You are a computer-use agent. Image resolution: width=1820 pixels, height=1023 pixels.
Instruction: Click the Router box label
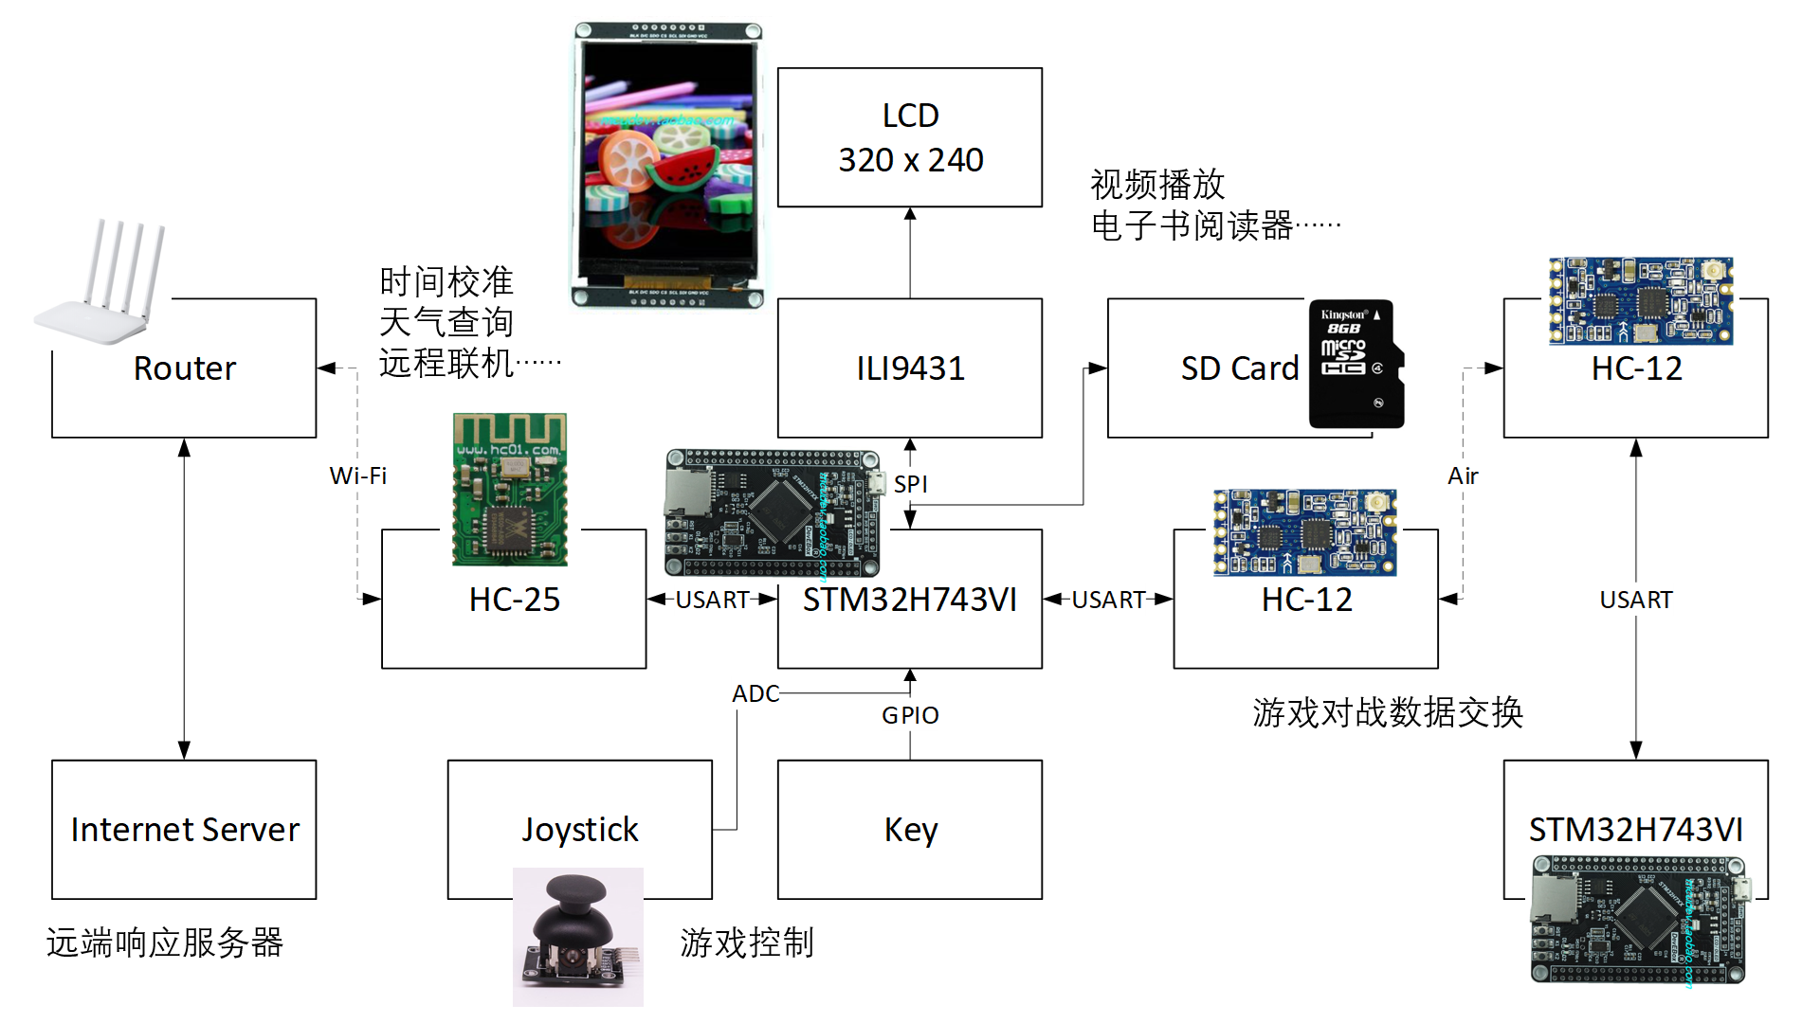[185, 368]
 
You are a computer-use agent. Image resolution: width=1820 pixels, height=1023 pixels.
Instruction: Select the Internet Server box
[184, 829]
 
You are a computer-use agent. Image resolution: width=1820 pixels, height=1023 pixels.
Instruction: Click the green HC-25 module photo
[510, 490]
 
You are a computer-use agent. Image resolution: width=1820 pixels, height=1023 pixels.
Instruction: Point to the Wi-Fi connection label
[357, 476]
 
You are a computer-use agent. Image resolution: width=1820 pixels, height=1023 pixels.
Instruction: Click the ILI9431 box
[910, 368]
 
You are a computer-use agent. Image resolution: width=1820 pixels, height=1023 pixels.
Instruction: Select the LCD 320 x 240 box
[910, 137]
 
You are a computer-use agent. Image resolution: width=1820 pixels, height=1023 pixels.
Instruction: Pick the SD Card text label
[1239, 368]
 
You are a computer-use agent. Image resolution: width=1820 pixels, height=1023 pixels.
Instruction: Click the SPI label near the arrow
[910, 484]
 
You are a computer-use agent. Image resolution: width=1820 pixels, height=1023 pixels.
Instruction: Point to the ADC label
[755, 694]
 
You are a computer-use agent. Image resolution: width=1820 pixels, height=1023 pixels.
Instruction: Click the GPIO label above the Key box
[910, 716]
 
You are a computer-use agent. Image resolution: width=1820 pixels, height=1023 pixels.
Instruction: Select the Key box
[910, 829]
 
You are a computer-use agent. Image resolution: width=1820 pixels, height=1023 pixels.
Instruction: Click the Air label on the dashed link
[1463, 476]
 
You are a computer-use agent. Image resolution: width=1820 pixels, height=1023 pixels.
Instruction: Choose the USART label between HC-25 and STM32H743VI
[712, 600]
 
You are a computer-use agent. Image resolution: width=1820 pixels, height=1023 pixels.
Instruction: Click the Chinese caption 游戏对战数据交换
[1387, 712]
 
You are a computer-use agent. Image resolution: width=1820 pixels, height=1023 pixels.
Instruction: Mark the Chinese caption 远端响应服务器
[165, 942]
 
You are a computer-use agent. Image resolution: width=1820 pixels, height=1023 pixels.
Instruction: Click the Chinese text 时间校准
[446, 281]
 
